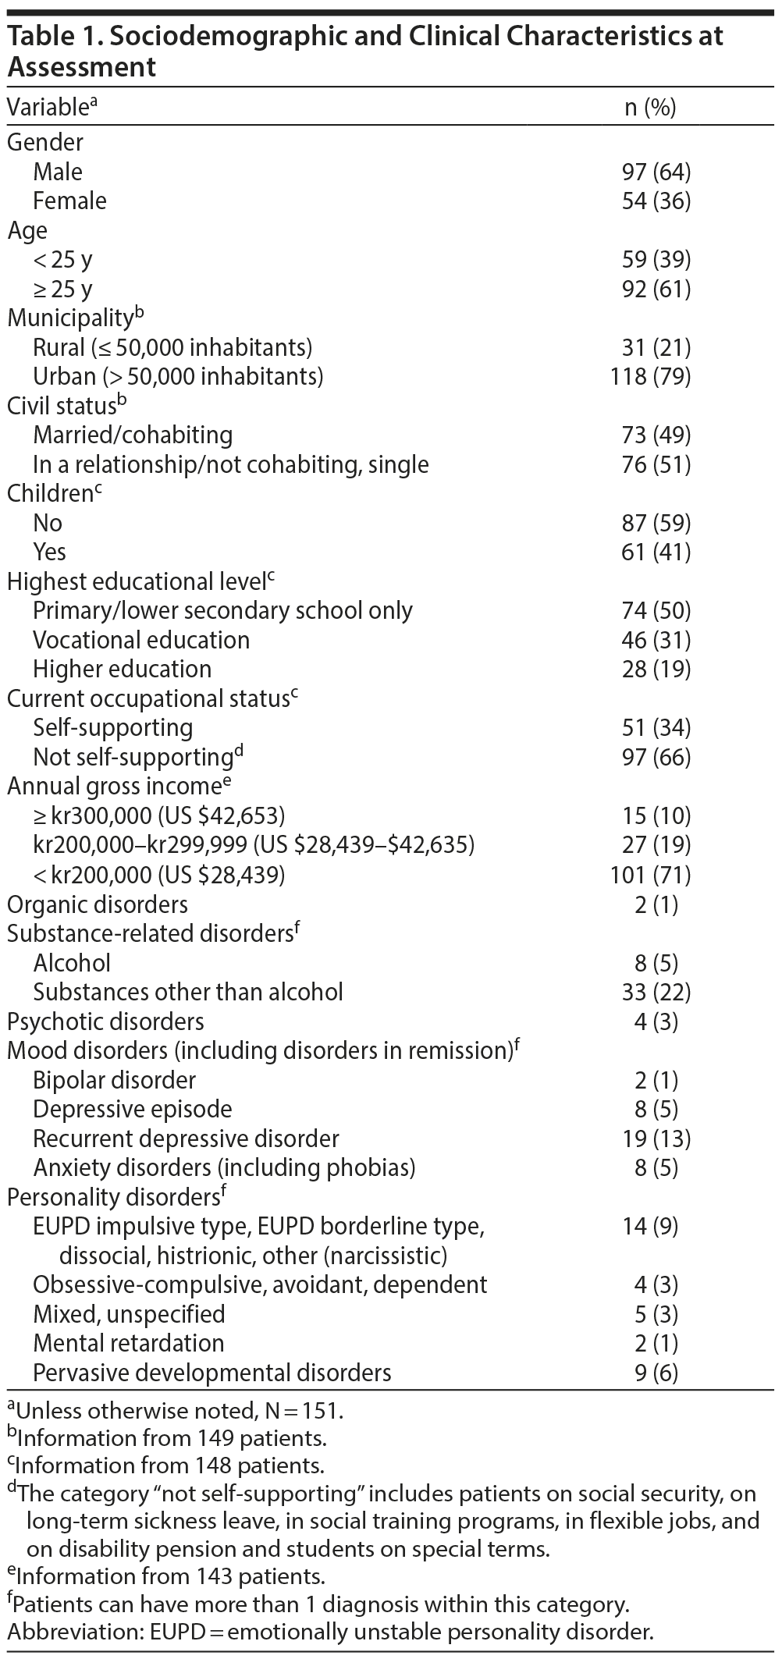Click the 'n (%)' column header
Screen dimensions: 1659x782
[x=650, y=108]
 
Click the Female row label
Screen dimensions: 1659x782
[x=69, y=201]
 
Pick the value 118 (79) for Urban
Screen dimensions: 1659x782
[x=650, y=376]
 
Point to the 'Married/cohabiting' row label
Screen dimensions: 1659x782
[x=133, y=435]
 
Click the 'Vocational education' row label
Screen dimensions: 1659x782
[x=141, y=640]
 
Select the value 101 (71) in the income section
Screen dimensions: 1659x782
[x=650, y=875]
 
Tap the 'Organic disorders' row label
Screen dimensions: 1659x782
[x=98, y=904]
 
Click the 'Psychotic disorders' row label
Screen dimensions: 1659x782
[x=105, y=1021]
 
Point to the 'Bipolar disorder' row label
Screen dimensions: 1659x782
[x=116, y=1080]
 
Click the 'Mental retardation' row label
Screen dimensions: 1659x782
[x=128, y=1343]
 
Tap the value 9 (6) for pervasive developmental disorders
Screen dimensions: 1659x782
[x=656, y=1372]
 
